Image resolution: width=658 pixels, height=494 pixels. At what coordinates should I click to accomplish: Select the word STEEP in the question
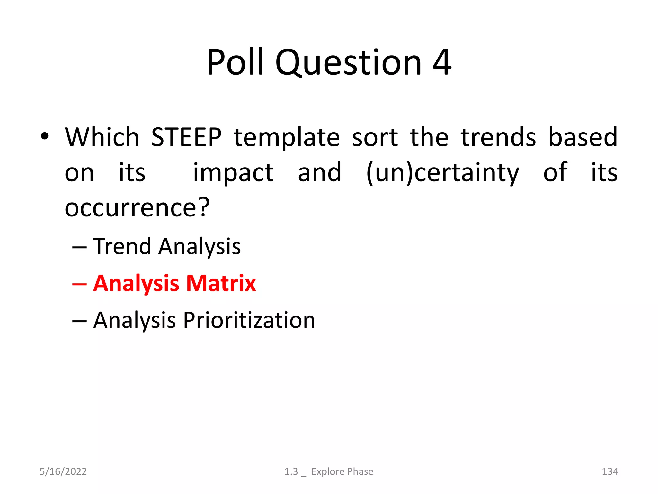[x=186, y=137]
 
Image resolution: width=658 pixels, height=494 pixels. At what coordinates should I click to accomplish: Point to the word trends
[x=498, y=137]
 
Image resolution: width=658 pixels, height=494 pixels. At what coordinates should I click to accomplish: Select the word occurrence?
[x=137, y=208]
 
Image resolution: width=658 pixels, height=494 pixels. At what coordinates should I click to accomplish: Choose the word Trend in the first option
[x=122, y=246]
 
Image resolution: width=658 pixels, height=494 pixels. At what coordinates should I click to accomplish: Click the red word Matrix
[x=221, y=283]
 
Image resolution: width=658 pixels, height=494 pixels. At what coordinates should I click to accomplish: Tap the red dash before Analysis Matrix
[x=79, y=284]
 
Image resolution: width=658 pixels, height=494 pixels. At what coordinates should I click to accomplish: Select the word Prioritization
[x=249, y=320]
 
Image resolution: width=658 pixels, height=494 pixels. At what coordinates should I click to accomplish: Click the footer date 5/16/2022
[x=63, y=471]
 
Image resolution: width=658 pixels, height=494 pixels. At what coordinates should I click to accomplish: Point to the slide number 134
[x=609, y=471]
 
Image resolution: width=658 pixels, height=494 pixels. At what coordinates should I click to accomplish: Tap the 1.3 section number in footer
[x=291, y=471]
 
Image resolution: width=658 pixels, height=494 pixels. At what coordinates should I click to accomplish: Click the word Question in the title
[x=348, y=62]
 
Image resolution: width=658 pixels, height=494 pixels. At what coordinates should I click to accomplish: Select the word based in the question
[x=582, y=137]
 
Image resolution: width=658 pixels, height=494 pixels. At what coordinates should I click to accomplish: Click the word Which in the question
[x=102, y=137]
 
